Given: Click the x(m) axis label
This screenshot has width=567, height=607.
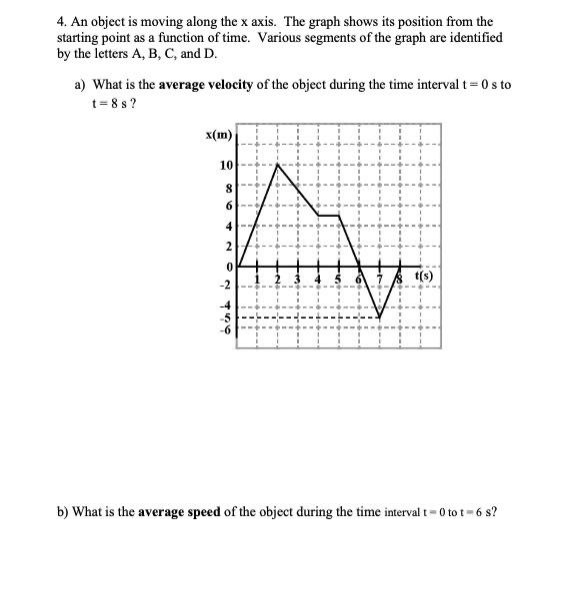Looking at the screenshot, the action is click(x=218, y=135).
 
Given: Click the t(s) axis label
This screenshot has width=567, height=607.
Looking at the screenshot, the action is click(x=421, y=277).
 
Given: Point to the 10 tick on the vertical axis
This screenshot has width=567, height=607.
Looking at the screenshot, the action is click(x=227, y=165).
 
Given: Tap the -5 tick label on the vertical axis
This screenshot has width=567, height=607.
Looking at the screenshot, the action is click(x=228, y=318).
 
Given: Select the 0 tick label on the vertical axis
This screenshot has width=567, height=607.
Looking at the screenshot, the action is click(x=229, y=267).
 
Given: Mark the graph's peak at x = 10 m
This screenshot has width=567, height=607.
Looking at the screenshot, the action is click(x=277, y=165).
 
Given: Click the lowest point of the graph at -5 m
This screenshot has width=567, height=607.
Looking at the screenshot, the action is click(x=380, y=318).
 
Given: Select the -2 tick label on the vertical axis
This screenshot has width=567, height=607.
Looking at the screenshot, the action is click(x=227, y=285).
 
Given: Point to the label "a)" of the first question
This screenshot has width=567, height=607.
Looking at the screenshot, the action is click(x=82, y=85).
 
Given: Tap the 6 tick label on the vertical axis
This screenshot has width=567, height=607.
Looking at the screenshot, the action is click(x=229, y=206).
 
